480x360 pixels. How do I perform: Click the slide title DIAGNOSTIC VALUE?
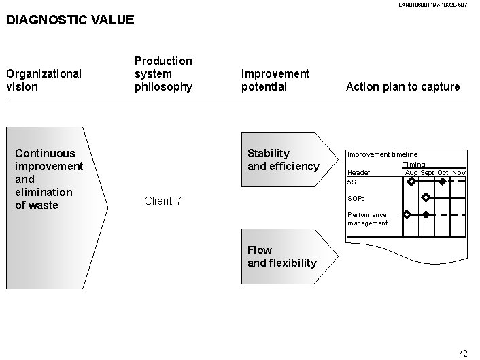click(x=70, y=20)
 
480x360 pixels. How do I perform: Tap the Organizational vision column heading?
click(x=44, y=80)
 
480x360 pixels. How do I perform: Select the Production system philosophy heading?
click(x=163, y=73)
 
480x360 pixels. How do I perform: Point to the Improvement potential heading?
click(x=275, y=80)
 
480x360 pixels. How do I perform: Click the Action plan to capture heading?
click(x=402, y=86)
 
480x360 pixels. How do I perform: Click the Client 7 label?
click(x=162, y=201)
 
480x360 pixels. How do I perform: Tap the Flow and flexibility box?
click(x=282, y=257)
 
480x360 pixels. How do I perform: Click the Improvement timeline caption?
click(x=383, y=154)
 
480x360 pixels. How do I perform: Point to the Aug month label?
click(x=411, y=173)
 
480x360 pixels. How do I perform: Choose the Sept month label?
click(x=427, y=173)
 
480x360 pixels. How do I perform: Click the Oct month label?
click(x=443, y=173)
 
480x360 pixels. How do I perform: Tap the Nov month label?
click(x=459, y=173)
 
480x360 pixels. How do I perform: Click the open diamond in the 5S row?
click(x=411, y=182)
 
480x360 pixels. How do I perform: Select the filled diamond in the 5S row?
click(x=443, y=182)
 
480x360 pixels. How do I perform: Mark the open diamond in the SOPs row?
click(x=426, y=198)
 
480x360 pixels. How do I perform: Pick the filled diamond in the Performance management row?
click(x=426, y=214)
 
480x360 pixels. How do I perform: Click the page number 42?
click(x=463, y=353)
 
